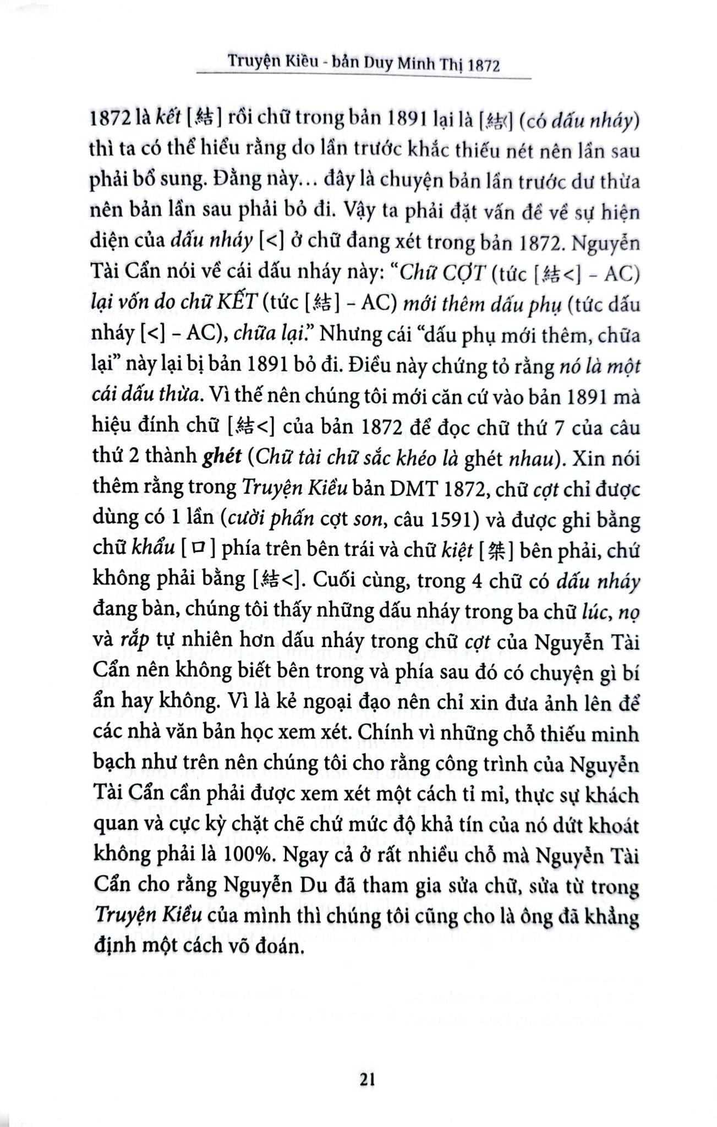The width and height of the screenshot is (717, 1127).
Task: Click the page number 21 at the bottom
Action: [x=367, y=1080]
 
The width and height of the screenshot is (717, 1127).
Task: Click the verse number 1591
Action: [x=473, y=519]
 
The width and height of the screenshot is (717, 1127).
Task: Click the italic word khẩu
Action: [x=154, y=550]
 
